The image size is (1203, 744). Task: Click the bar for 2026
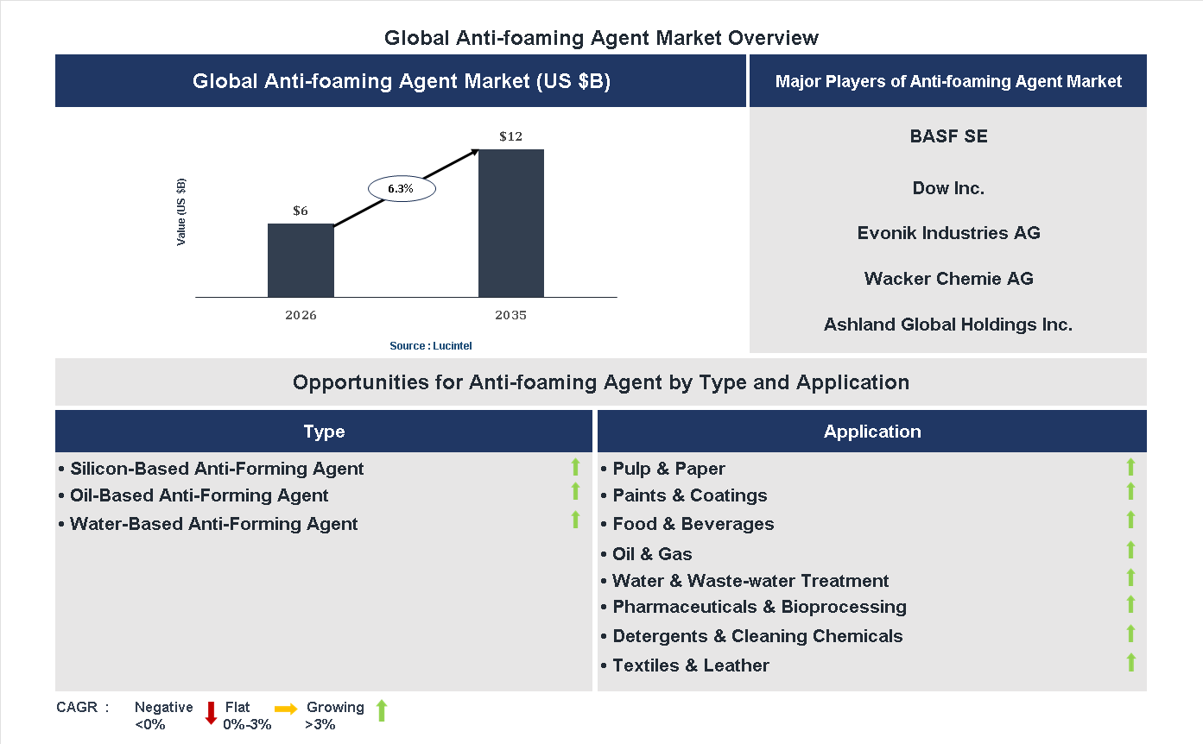tap(301, 261)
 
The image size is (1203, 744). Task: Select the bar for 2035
tap(511, 224)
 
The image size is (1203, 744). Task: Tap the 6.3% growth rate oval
tap(402, 188)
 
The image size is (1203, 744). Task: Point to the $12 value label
tap(510, 136)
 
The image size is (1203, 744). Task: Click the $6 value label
tap(301, 211)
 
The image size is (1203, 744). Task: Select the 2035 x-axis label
tap(510, 315)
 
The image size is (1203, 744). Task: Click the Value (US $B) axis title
tap(181, 212)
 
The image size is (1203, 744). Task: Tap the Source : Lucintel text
tap(430, 346)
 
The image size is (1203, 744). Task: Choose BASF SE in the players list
tap(948, 136)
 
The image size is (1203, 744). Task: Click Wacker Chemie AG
tap(948, 279)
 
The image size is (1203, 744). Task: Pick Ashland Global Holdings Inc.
tap(948, 325)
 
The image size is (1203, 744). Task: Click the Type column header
tap(324, 432)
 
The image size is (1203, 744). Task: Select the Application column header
tap(871, 432)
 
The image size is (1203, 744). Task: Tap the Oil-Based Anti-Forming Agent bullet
tap(199, 495)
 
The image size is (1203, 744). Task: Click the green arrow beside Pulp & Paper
tap(1130, 468)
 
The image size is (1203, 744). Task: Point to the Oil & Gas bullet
tap(652, 554)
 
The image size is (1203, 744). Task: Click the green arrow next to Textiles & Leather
tap(1130, 663)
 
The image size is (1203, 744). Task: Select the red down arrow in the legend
tap(211, 713)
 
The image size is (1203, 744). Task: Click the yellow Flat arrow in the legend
tap(286, 709)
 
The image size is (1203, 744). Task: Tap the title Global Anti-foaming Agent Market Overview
tap(601, 38)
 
